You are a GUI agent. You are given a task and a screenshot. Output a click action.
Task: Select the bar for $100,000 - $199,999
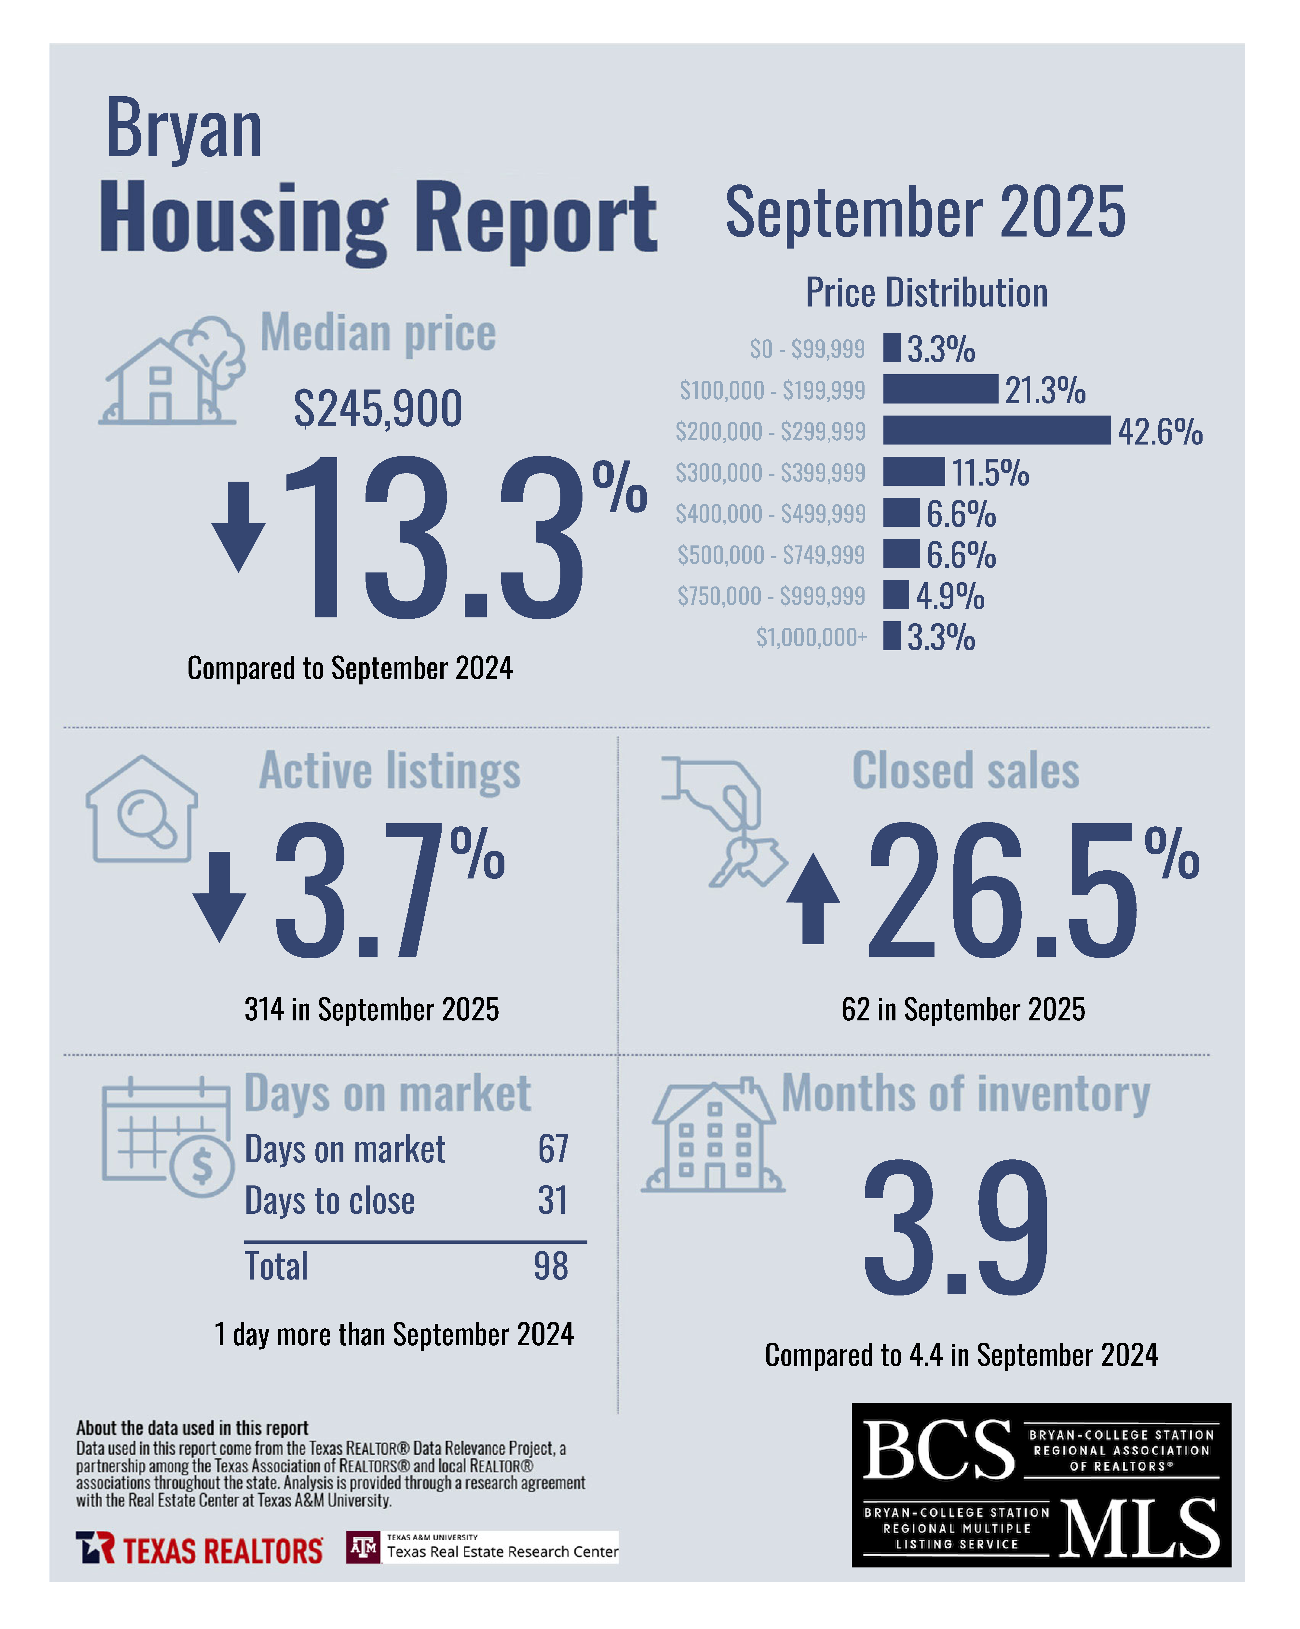(x=940, y=389)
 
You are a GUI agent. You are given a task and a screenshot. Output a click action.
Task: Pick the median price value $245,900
(x=378, y=409)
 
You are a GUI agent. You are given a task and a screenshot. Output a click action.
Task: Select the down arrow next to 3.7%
(x=219, y=897)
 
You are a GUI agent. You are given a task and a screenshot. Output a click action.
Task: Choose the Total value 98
(x=551, y=1266)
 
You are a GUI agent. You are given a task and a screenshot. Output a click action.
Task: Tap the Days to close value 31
(x=552, y=1200)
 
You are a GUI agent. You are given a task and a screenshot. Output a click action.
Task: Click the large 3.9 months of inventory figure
(x=956, y=1228)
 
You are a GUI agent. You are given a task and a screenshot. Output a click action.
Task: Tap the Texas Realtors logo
(x=199, y=1548)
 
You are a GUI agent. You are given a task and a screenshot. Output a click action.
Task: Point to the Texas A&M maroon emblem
(x=363, y=1547)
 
